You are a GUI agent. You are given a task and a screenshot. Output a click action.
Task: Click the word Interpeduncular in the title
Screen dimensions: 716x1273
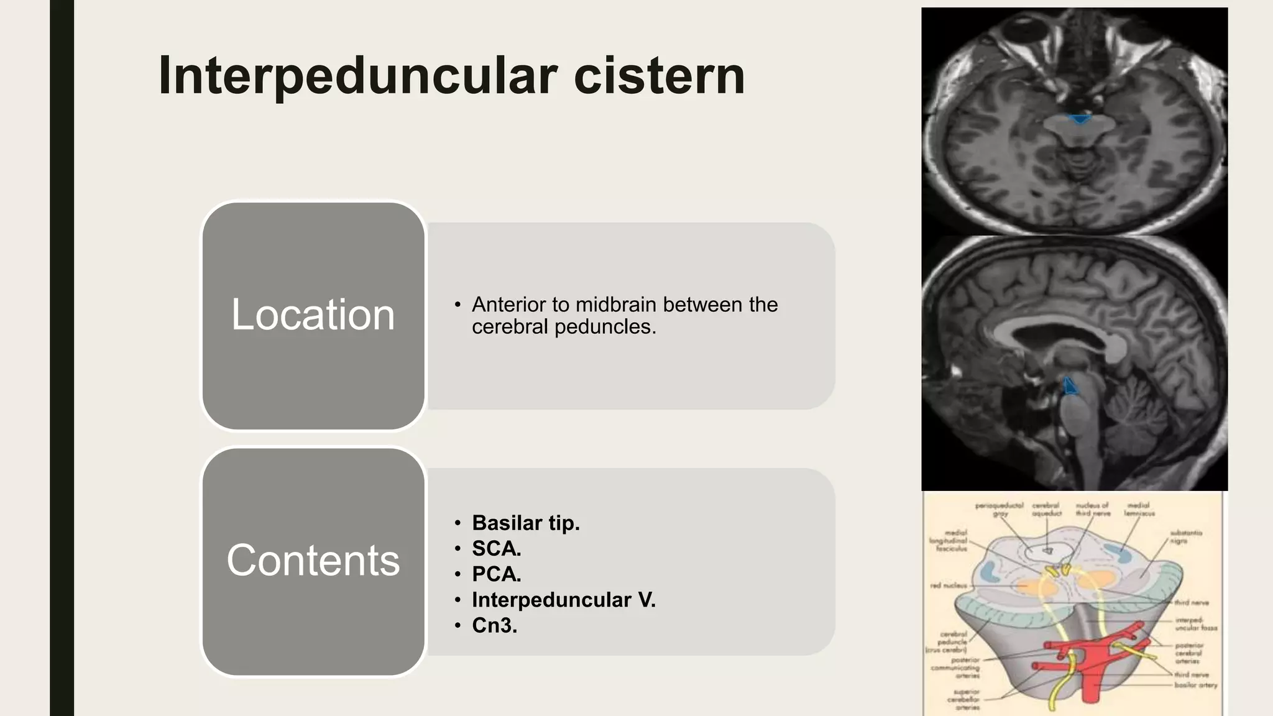[x=358, y=76]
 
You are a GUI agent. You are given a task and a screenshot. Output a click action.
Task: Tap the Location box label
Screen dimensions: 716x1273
[x=313, y=314]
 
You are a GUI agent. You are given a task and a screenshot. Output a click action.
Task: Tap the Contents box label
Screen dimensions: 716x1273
[x=313, y=560]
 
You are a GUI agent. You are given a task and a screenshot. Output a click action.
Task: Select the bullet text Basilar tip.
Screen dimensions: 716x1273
[x=525, y=523]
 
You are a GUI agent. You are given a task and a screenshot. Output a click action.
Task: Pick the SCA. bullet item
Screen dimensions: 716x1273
[x=496, y=548]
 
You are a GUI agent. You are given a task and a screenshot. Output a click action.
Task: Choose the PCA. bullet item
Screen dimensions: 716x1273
[x=496, y=574]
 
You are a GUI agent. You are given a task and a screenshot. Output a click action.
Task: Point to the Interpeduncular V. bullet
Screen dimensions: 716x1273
[x=563, y=599]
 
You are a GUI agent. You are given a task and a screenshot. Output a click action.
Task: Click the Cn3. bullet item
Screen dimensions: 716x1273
[x=494, y=625]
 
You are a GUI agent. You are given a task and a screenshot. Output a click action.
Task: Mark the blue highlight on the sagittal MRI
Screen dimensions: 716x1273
[x=1070, y=386]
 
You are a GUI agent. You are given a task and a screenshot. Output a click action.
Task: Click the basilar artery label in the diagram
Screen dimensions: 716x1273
[x=1195, y=685]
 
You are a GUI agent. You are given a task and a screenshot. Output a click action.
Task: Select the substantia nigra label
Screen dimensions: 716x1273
[x=1185, y=537]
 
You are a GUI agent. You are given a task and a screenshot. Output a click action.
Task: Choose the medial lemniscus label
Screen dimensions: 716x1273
[x=1139, y=509]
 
